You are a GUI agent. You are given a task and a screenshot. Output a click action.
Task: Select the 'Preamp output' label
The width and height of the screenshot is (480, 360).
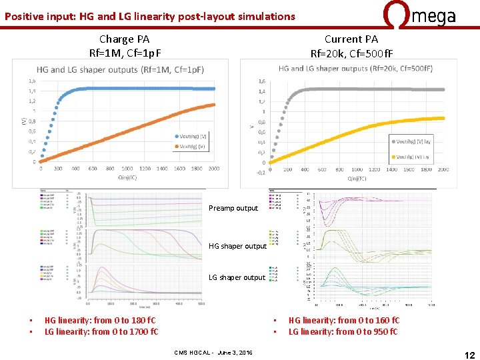pyautogui.click(x=233, y=208)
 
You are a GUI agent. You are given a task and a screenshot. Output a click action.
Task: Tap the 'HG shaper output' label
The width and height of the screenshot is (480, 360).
pyautogui.click(x=237, y=246)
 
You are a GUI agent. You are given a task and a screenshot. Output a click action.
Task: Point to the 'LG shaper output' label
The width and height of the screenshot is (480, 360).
pyautogui.click(x=237, y=277)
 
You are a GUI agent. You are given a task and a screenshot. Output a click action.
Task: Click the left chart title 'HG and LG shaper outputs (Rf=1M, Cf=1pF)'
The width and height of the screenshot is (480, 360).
pyautogui.click(x=121, y=69)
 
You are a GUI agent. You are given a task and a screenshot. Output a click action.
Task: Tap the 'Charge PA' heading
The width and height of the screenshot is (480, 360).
pyautogui.click(x=125, y=39)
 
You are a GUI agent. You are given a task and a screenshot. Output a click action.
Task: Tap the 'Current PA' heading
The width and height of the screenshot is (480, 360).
pyautogui.click(x=351, y=39)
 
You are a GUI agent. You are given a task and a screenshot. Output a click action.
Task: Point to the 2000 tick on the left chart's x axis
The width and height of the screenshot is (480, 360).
pyautogui.click(x=213, y=169)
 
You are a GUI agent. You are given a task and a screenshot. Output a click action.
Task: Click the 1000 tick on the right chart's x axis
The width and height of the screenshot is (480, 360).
pyautogui.click(x=357, y=169)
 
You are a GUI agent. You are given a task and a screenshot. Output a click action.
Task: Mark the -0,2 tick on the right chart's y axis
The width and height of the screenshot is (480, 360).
pyautogui.click(x=261, y=172)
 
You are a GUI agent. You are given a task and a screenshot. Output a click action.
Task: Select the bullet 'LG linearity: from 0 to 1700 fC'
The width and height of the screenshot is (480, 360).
pyautogui.click(x=101, y=331)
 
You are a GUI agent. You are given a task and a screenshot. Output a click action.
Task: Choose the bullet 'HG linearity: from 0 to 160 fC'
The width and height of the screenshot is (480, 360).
pyautogui.click(x=344, y=321)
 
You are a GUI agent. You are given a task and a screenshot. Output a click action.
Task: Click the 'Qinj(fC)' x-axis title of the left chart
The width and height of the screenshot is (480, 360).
pyautogui.click(x=127, y=178)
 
